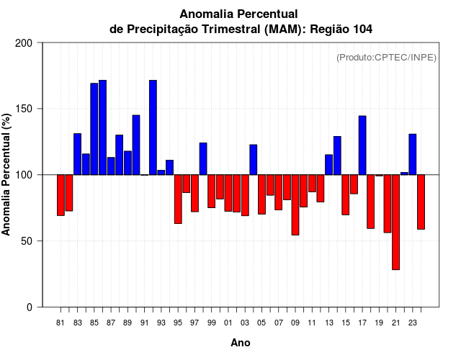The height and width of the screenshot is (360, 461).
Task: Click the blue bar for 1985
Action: click(x=94, y=129)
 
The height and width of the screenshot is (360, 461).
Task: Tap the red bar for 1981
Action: click(x=61, y=195)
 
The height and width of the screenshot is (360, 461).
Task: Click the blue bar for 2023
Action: click(x=413, y=154)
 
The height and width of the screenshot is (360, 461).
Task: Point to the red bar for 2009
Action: click(x=295, y=204)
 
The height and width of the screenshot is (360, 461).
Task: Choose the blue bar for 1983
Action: click(x=77, y=154)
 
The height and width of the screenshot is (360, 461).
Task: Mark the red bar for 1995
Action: click(x=178, y=199)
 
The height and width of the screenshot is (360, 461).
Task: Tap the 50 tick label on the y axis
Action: click(x=27, y=241)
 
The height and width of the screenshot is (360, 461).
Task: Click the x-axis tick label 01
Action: click(x=228, y=323)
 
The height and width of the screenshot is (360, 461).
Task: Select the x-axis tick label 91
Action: click(x=144, y=323)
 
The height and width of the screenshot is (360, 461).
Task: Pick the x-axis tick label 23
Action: click(x=413, y=323)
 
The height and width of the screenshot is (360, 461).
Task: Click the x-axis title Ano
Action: click(x=241, y=343)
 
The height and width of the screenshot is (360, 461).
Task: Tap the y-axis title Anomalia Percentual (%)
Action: click(x=7, y=174)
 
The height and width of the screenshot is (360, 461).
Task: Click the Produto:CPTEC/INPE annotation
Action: click(x=387, y=58)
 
